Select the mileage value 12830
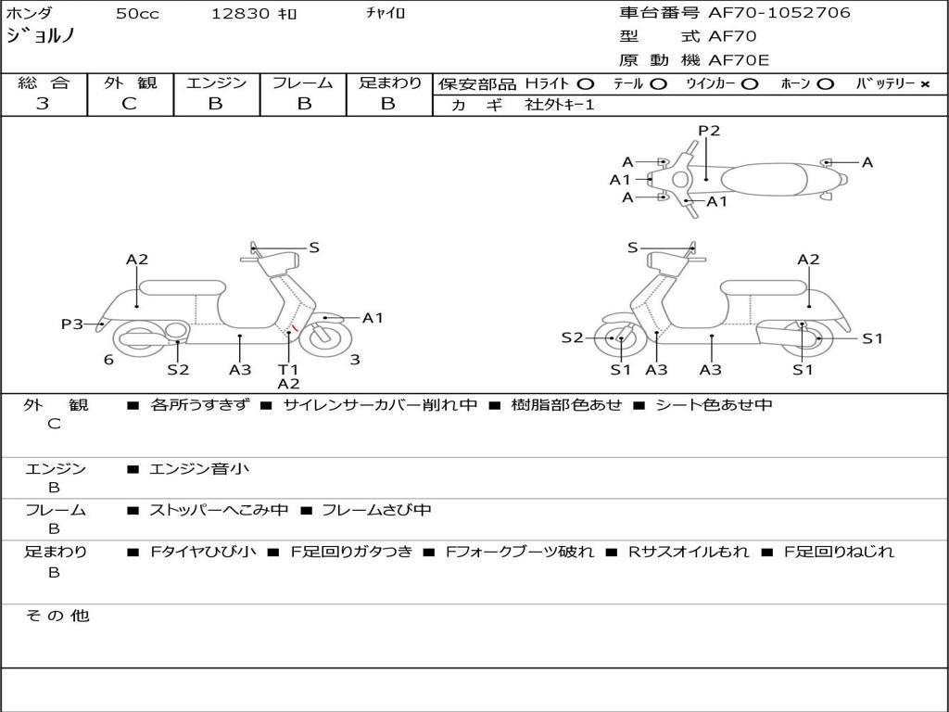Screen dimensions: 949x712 [x=240, y=14]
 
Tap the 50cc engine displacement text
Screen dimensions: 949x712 [x=135, y=14]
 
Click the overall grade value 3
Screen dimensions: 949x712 [x=43, y=104]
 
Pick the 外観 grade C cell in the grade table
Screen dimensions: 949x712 [x=130, y=104]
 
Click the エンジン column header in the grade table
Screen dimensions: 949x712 [x=216, y=83]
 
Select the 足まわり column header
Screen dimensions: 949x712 [x=389, y=83]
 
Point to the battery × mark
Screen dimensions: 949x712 [x=924, y=84]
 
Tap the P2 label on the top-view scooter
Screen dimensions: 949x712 [x=709, y=131]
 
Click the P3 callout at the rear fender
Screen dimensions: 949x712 [x=72, y=324]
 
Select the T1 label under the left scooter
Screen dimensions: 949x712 [x=288, y=369]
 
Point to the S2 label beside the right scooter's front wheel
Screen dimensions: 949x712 [x=573, y=338]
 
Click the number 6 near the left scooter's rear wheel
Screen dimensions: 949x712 [x=108, y=360]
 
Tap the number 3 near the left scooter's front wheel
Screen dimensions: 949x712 [x=355, y=360]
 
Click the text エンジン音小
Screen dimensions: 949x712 [x=199, y=469]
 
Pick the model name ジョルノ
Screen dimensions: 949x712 [x=41, y=37]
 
